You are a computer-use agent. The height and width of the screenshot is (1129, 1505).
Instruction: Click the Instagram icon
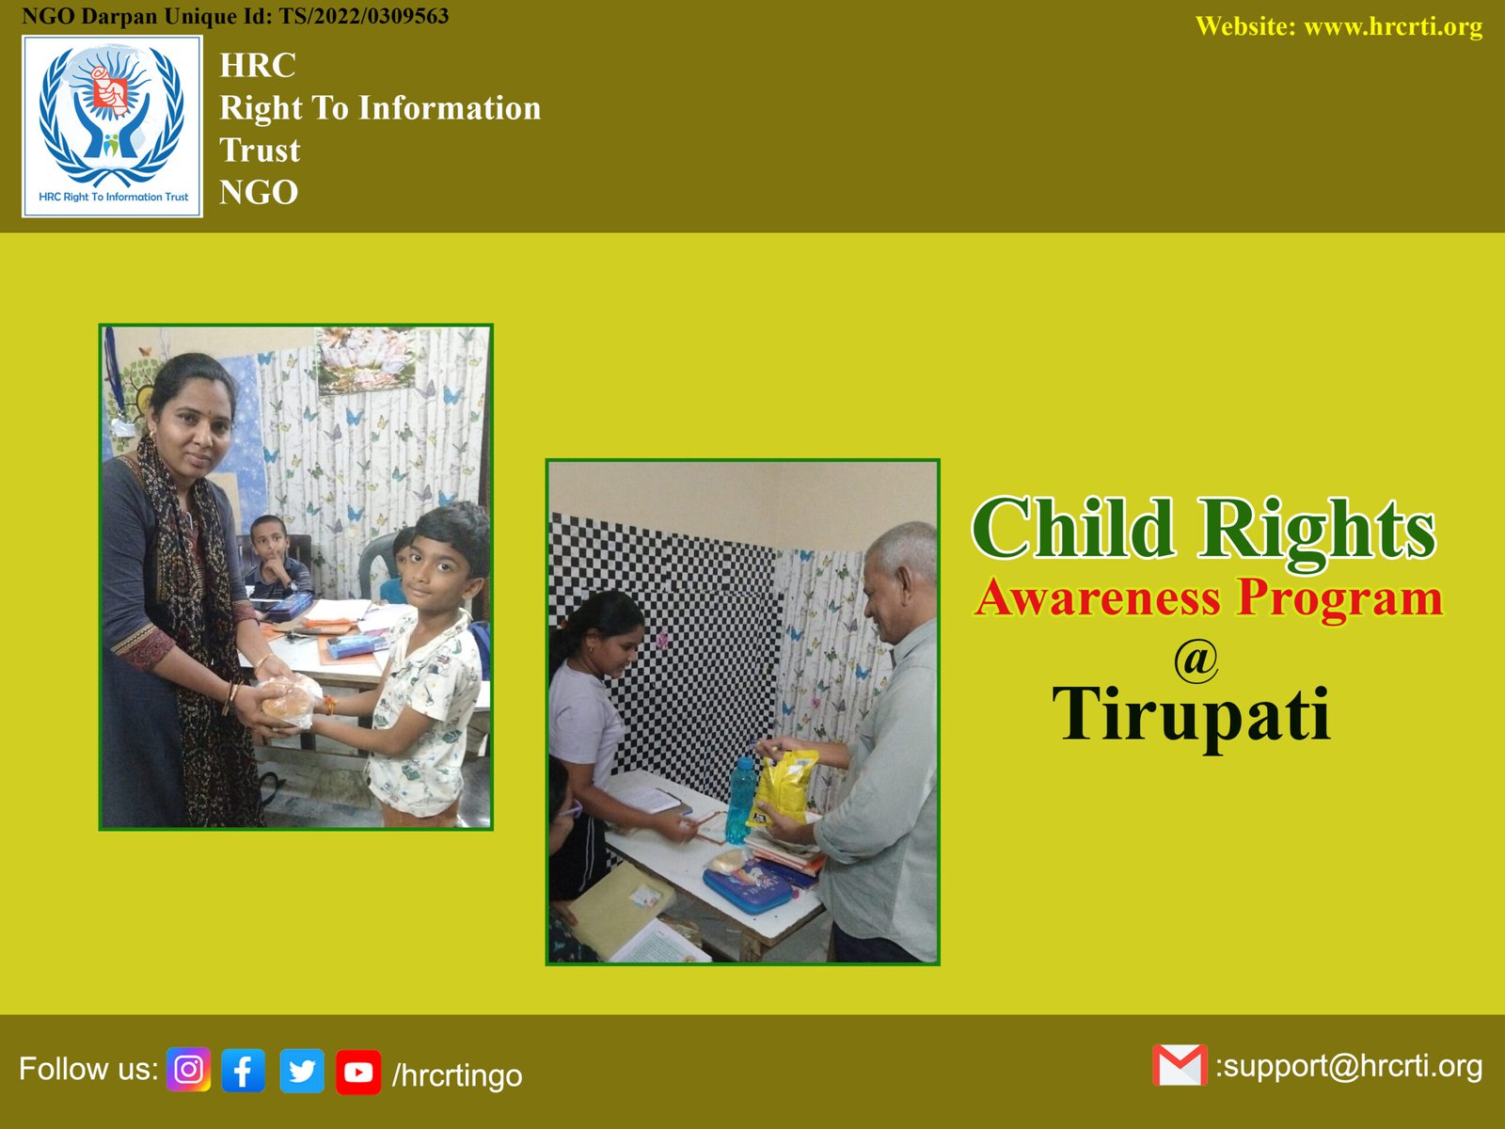(x=188, y=1070)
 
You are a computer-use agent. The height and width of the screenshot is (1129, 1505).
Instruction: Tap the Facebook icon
(x=244, y=1070)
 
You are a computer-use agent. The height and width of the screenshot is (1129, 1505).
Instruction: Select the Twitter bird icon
(x=302, y=1071)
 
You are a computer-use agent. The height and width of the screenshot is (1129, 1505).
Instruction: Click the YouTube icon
(x=358, y=1073)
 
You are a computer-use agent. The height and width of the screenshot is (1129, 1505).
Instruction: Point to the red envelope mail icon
(x=1180, y=1065)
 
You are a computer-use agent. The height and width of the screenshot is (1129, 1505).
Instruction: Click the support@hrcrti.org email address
(x=1349, y=1067)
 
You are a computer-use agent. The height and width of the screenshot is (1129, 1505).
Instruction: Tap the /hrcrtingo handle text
(x=456, y=1075)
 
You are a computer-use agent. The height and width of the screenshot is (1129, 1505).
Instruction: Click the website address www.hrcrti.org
(x=1393, y=26)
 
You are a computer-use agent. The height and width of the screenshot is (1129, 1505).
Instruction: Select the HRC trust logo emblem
(x=113, y=126)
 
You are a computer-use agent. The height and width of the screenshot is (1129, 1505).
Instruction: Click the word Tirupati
(x=1192, y=714)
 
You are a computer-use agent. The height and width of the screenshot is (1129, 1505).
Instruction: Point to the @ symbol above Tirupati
(x=1196, y=660)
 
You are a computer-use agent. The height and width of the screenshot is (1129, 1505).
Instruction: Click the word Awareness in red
(x=1098, y=597)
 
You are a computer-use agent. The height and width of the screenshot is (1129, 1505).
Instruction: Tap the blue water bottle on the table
(x=740, y=800)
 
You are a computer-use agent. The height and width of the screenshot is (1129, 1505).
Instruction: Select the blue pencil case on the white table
(x=749, y=887)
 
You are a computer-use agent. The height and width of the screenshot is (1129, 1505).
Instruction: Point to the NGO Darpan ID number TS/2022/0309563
(x=363, y=16)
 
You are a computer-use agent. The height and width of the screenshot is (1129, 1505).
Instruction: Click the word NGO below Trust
(x=259, y=192)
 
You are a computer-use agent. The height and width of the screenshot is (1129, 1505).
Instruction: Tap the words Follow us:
(x=87, y=1068)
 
